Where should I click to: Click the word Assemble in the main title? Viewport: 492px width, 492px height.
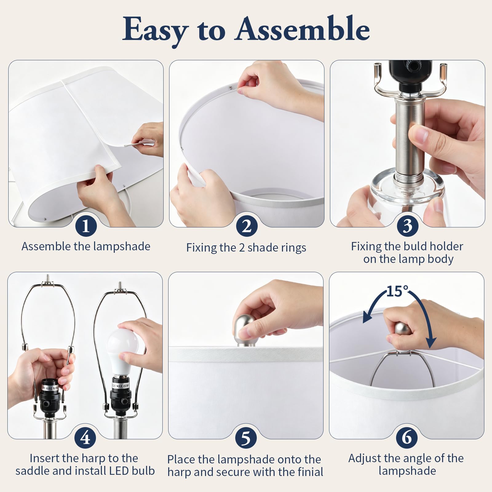(x=303, y=29)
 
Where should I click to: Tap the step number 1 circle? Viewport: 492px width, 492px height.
(x=86, y=226)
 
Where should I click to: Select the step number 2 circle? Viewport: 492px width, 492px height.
(x=247, y=226)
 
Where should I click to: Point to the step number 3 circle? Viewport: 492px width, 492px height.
(x=407, y=226)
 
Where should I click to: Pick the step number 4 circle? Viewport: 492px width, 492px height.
(x=85, y=438)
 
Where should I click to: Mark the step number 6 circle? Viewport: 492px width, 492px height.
(x=407, y=438)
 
